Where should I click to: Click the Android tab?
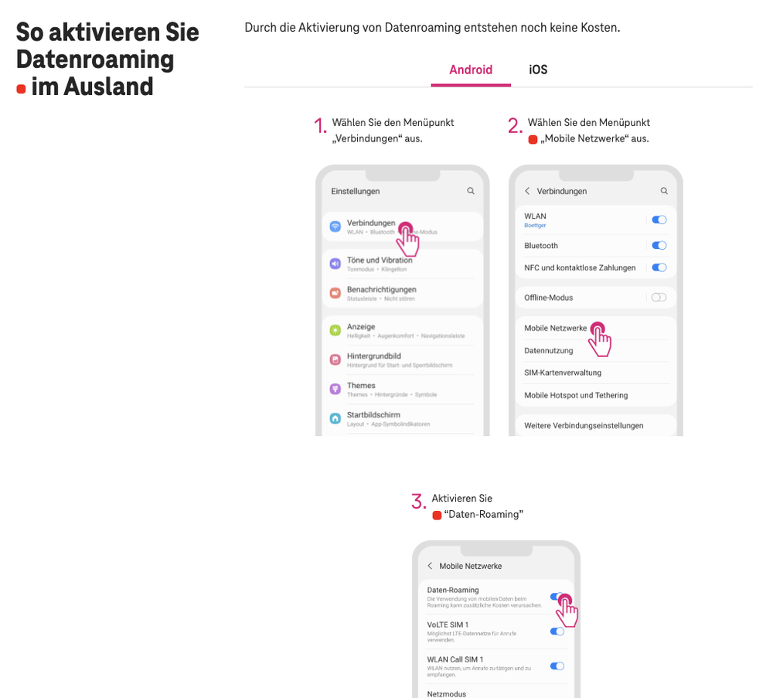pyautogui.click(x=471, y=70)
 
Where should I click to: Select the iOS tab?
pyautogui.click(x=538, y=70)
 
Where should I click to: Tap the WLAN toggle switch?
pyautogui.click(x=659, y=220)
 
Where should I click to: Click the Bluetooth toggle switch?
pyautogui.click(x=659, y=246)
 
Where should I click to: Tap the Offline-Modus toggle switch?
pyautogui.click(x=659, y=298)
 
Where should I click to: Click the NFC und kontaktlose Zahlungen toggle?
pyautogui.click(x=659, y=267)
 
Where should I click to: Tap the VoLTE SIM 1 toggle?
pyautogui.click(x=557, y=631)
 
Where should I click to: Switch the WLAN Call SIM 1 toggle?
pyautogui.click(x=557, y=666)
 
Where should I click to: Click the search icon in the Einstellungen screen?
pyautogui.click(x=470, y=191)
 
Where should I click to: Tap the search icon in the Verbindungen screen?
pyautogui.click(x=663, y=191)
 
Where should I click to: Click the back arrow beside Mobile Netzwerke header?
pyautogui.click(x=430, y=566)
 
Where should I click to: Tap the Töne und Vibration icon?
pyautogui.click(x=335, y=264)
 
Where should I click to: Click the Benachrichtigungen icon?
pyautogui.click(x=335, y=293)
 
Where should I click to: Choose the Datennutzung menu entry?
pyautogui.click(x=549, y=351)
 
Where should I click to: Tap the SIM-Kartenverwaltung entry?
pyautogui.click(x=563, y=373)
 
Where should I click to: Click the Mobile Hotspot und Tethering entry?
pyautogui.click(x=576, y=395)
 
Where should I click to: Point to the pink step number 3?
pyautogui.click(x=417, y=502)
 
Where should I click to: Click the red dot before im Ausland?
pyautogui.click(x=22, y=90)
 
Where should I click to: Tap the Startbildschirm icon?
pyautogui.click(x=335, y=418)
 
